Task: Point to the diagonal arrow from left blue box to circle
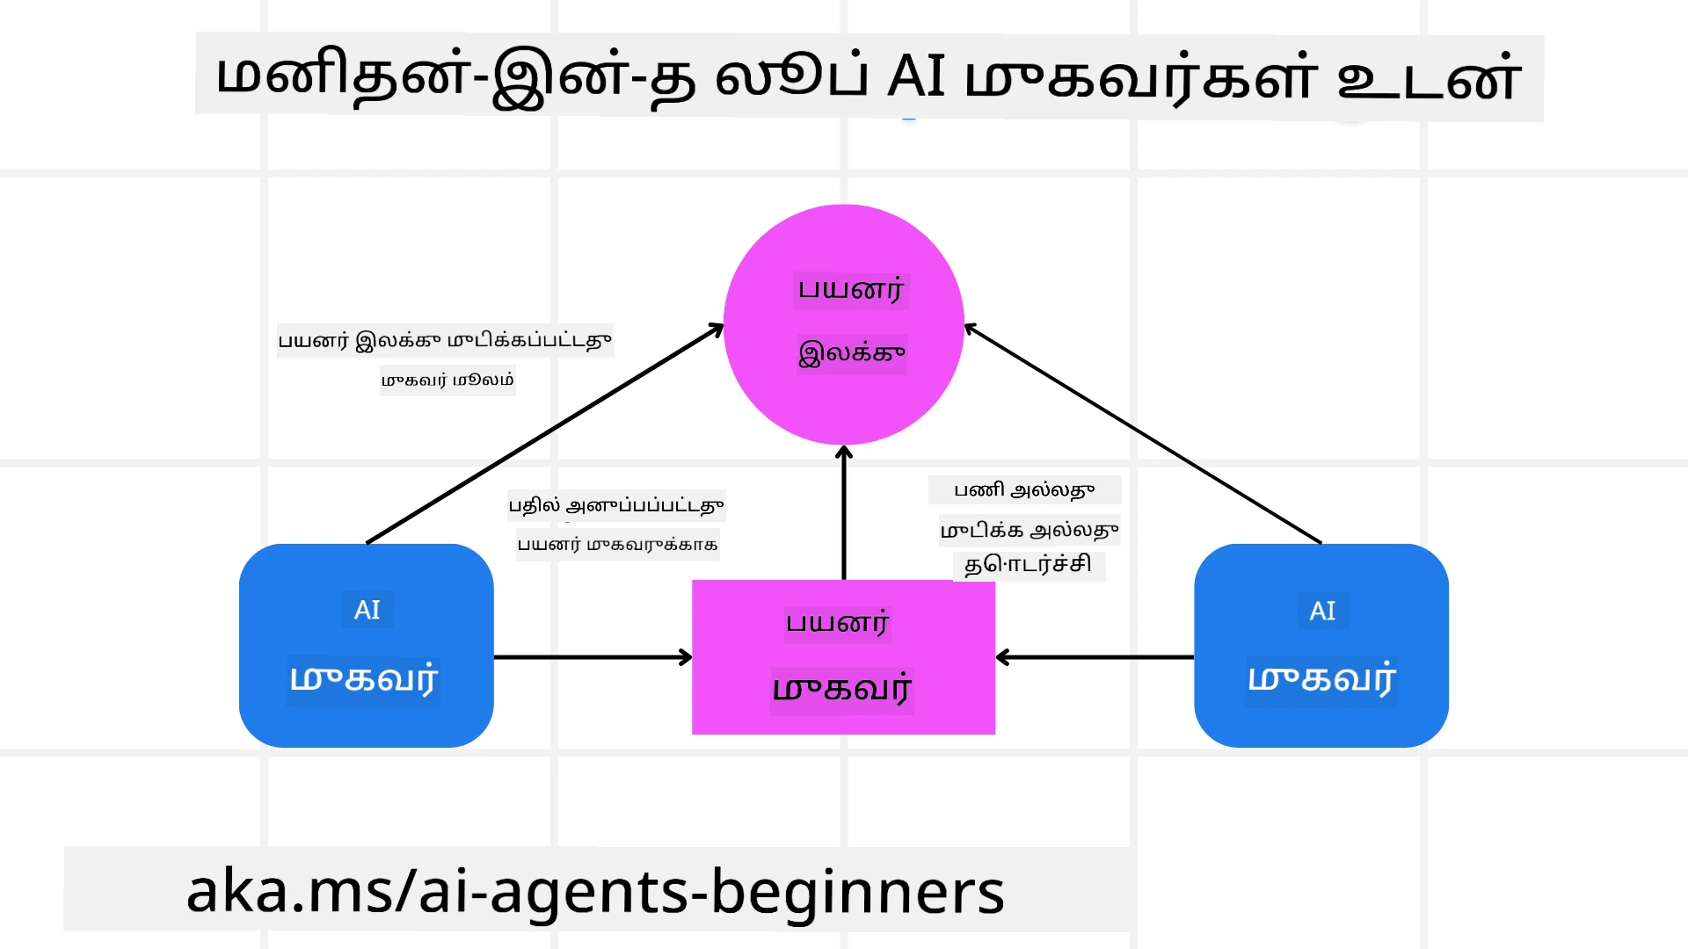(x=545, y=434)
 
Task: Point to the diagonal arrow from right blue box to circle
(x=1143, y=434)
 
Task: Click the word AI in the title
(x=916, y=76)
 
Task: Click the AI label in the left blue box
(x=367, y=610)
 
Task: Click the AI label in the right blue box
(x=1322, y=611)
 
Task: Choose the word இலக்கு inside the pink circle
(x=851, y=353)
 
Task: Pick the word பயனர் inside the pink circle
(x=850, y=290)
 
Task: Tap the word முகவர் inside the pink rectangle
(x=841, y=689)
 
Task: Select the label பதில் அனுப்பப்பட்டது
(x=616, y=505)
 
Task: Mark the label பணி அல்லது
(x=1024, y=490)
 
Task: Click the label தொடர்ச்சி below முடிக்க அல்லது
(x=1028, y=564)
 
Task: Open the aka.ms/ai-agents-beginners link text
(x=595, y=891)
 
